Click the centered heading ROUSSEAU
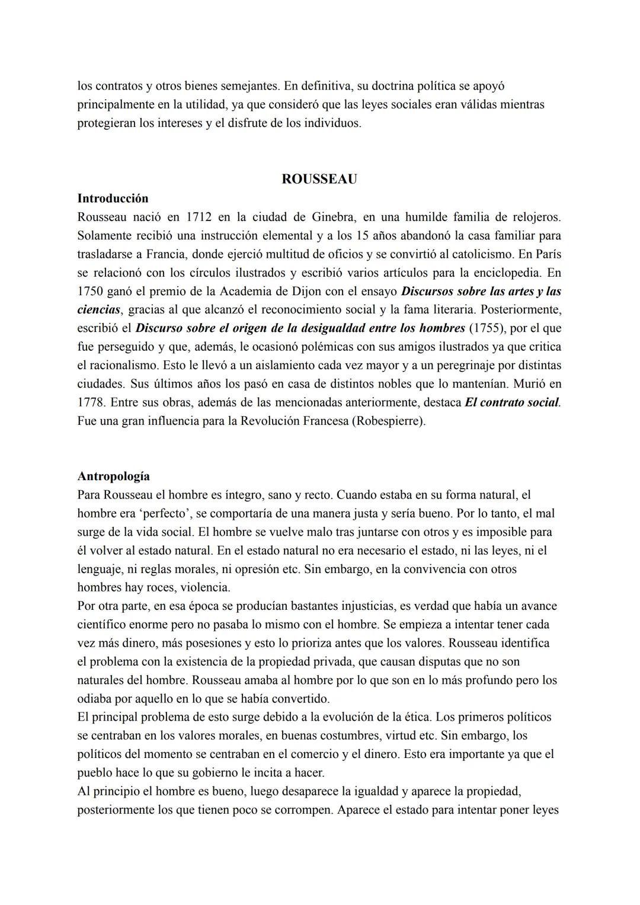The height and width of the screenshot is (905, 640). [319, 179]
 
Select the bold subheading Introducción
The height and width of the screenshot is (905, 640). [113, 198]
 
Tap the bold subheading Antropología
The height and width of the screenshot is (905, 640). [113, 476]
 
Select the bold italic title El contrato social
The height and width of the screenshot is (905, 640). [512, 402]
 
